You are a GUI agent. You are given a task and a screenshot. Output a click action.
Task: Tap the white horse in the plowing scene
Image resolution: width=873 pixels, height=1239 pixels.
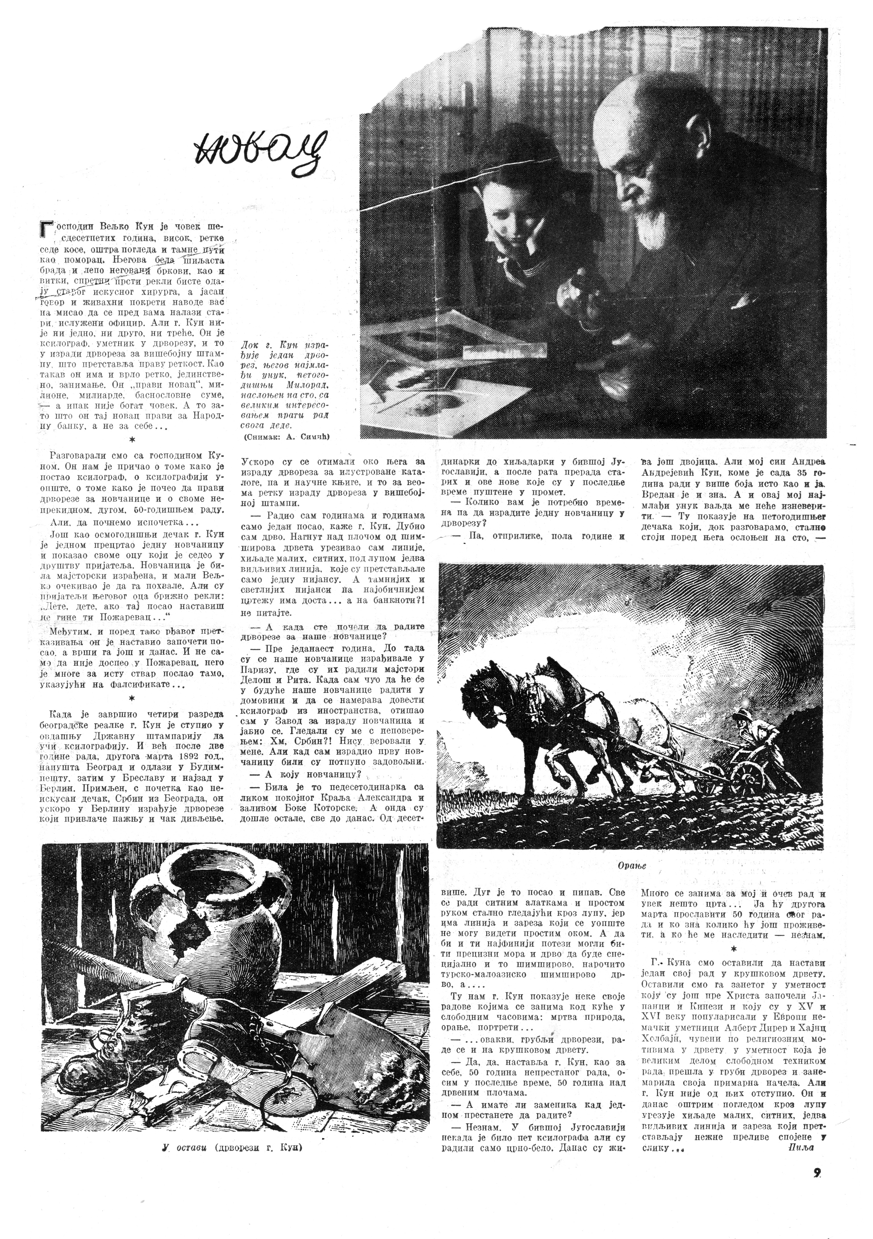(637, 723)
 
